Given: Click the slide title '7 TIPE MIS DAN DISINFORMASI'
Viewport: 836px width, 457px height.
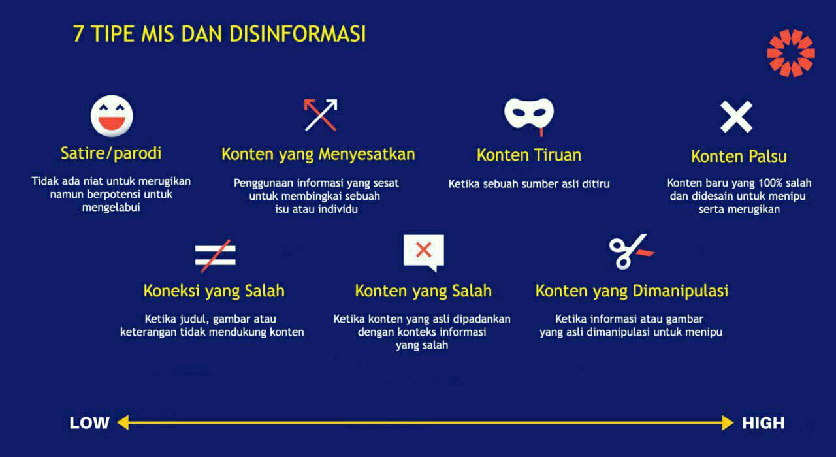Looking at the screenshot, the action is [x=219, y=34].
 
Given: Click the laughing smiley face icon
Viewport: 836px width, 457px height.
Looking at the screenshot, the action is [x=112, y=116].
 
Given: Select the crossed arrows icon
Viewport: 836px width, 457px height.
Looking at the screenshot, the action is [x=321, y=115].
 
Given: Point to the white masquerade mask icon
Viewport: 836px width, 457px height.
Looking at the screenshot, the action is [x=529, y=113].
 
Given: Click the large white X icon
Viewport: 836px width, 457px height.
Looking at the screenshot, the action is [x=736, y=117].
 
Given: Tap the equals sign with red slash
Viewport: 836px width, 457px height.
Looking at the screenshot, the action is [x=216, y=255].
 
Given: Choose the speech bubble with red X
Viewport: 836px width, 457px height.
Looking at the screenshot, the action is [x=424, y=253].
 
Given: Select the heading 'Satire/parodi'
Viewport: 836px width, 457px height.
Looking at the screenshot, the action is [x=111, y=153].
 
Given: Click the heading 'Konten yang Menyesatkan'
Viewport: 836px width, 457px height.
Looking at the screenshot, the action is [x=318, y=155].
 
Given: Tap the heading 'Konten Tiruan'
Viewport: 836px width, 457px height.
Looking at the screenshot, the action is [x=529, y=155].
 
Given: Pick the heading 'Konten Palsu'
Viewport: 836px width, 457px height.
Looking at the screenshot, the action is [x=739, y=156].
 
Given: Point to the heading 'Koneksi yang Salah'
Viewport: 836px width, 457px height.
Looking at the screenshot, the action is [x=214, y=291].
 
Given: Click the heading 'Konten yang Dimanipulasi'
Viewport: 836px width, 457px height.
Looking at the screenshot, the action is [x=632, y=291].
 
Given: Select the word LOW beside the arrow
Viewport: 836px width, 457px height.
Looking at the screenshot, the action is [x=89, y=423].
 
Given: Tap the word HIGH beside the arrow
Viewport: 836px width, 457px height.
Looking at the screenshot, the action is [x=764, y=423].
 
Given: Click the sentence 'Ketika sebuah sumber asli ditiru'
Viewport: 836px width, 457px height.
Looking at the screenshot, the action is [x=529, y=184].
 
